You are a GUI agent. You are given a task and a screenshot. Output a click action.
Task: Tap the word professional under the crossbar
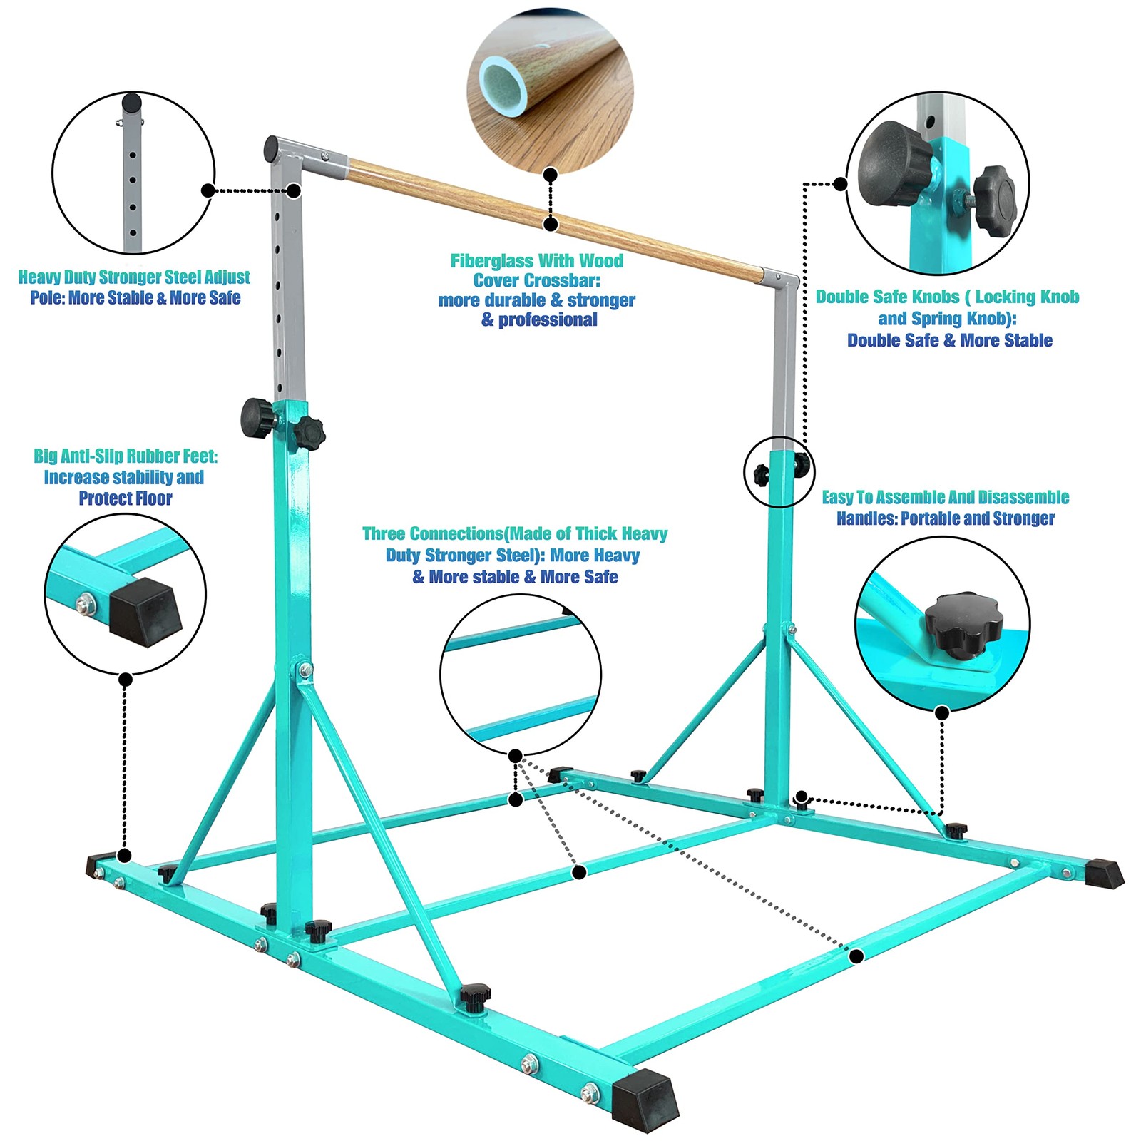point(548,320)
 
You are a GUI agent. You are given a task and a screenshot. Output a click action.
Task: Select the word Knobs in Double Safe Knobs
point(936,297)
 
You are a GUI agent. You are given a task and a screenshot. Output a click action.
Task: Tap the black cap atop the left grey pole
point(271,149)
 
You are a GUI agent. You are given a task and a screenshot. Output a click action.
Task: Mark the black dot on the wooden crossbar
point(550,224)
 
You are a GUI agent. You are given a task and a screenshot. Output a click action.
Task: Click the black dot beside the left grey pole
point(294,190)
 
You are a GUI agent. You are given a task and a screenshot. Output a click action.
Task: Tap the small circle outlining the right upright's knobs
point(779,471)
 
